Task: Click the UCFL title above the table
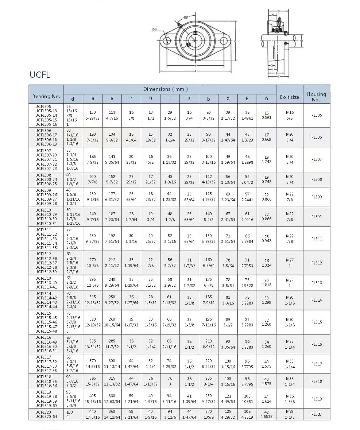(40, 75)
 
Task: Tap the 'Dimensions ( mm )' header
(166, 89)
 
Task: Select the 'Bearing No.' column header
(46, 97)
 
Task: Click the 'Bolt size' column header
(289, 97)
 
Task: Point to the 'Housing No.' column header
(316, 97)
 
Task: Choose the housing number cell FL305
(316, 115)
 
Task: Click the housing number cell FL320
(316, 414)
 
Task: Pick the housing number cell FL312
(316, 263)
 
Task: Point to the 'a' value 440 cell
(93, 414)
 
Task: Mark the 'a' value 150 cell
(93, 115)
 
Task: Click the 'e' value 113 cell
(112, 115)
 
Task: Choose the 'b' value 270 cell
(208, 414)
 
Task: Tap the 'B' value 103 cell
(247, 399)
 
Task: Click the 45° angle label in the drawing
(186, 18)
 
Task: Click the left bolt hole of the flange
(167, 40)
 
